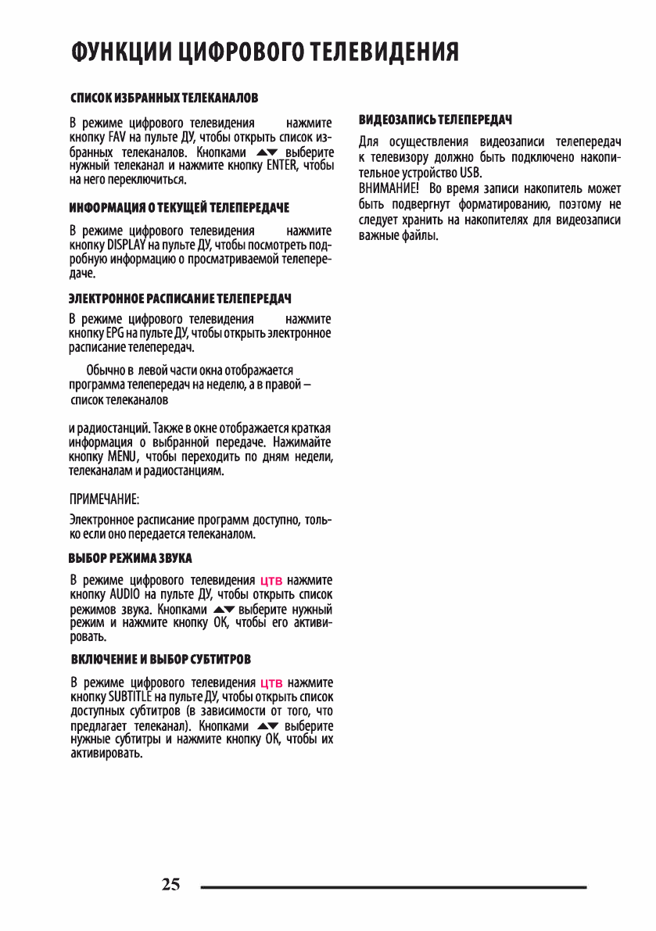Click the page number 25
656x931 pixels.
(170, 885)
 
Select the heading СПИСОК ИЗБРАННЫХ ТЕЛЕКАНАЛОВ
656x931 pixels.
(164, 98)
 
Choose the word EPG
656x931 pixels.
(114, 334)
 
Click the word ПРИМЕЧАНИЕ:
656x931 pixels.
(104, 498)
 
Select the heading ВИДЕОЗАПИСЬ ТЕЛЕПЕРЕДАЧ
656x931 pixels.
(436, 120)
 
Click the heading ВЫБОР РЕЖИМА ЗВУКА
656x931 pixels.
(131, 558)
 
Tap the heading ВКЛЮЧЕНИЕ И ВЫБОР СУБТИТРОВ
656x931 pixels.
(160, 659)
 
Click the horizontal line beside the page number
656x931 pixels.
(393, 887)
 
